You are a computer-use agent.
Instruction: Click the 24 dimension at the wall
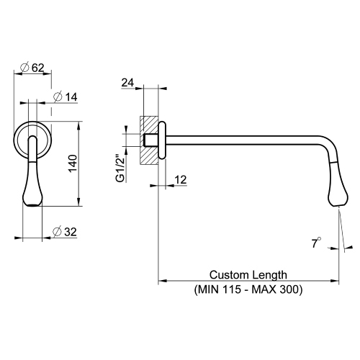click(129, 84)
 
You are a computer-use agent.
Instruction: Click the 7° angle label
click(315, 243)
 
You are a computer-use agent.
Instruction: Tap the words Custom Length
click(248, 275)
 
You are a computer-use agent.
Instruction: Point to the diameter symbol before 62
click(25, 68)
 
